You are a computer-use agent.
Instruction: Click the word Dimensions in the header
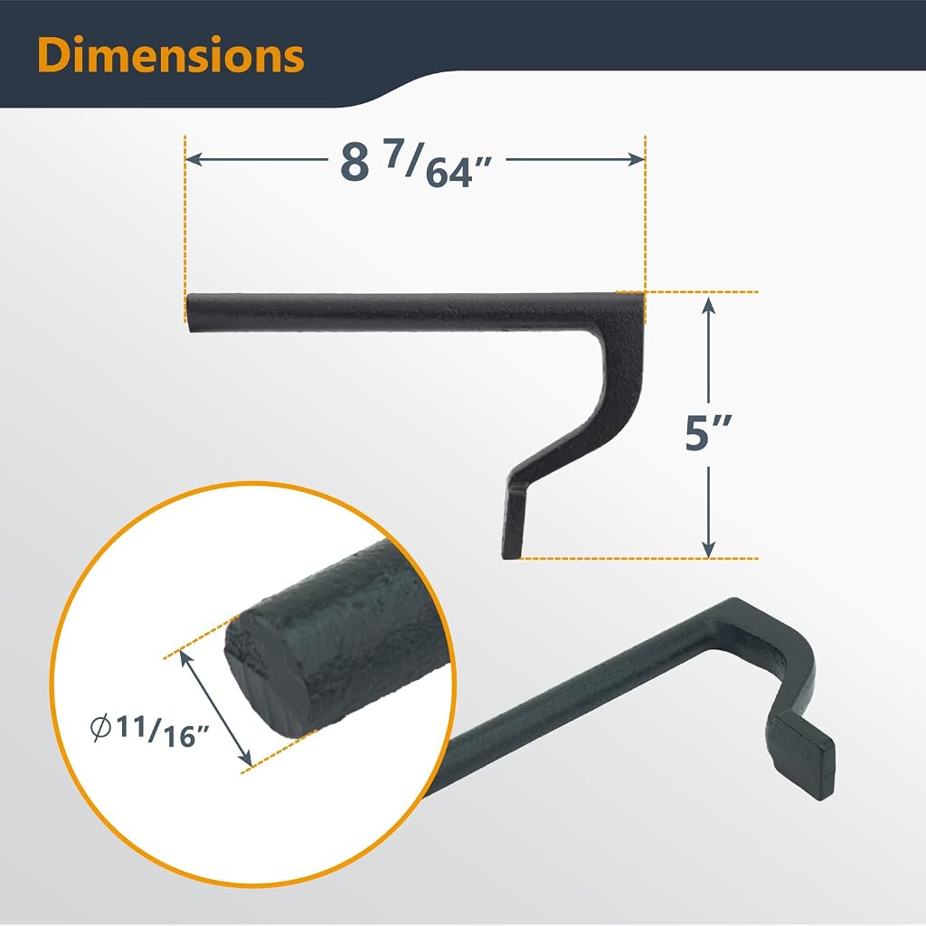tap(171, 55)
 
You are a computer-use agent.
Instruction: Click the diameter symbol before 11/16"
tap(100, 727)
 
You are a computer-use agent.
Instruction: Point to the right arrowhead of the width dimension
tap(637, 159)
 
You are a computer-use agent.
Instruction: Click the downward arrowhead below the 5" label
tap(709, 549)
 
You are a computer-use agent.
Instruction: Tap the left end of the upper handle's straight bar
tap(188, 312)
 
